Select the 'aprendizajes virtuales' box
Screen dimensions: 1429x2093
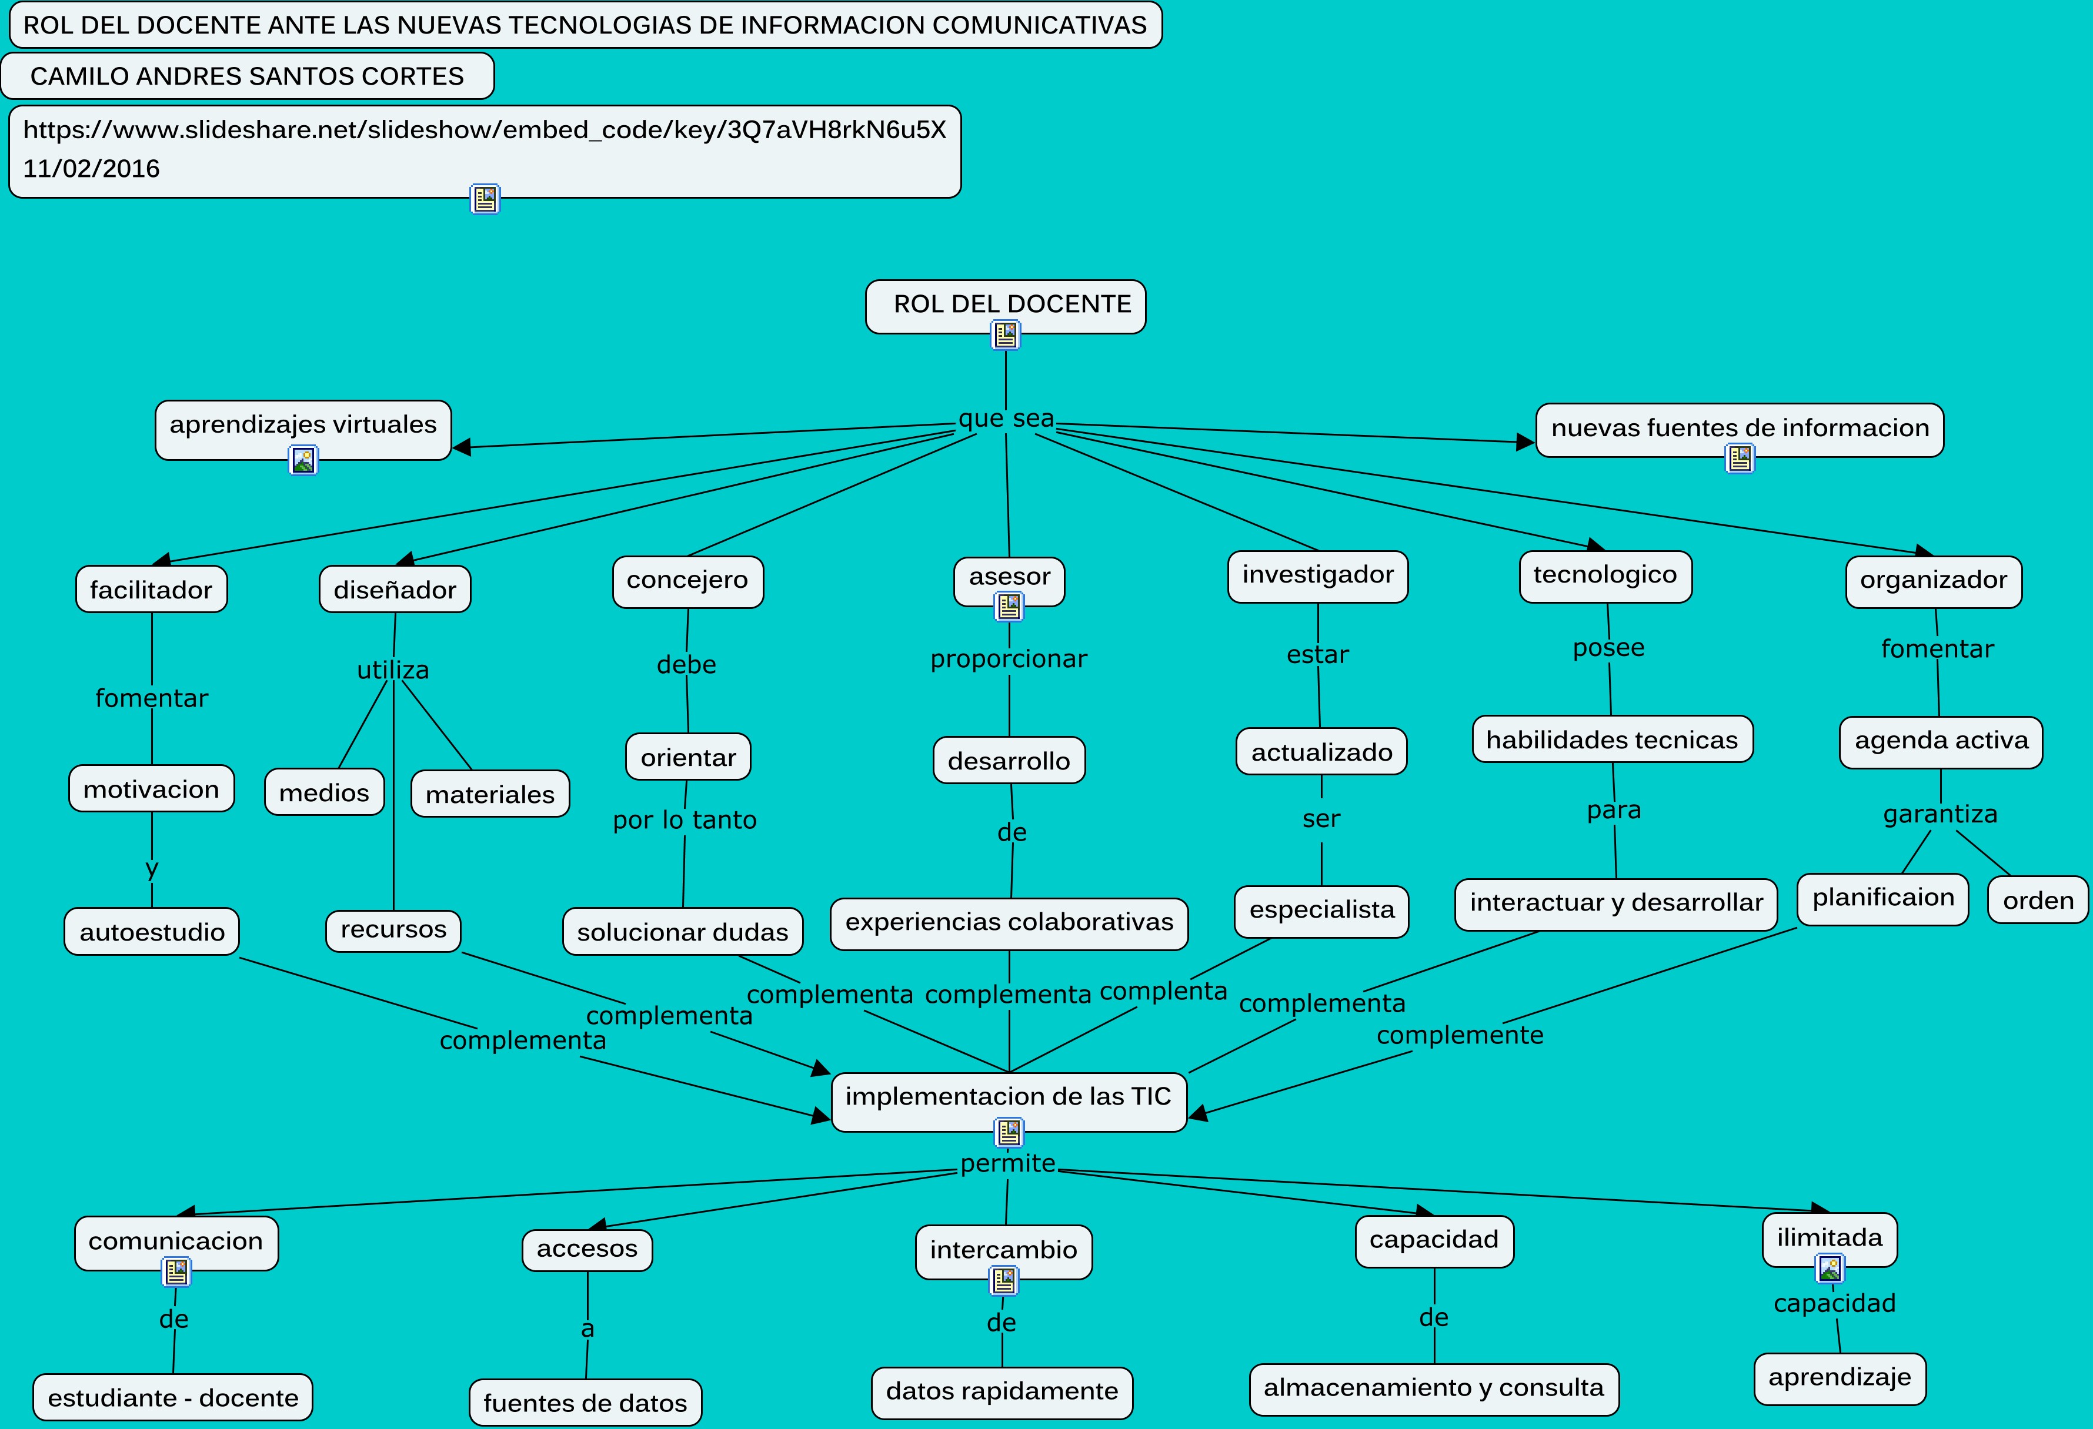[303, 425]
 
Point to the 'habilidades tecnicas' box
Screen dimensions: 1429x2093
[1611, 740]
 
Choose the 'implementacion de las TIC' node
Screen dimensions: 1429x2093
[1008, 1097]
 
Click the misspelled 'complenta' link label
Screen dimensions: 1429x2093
[1163, 992]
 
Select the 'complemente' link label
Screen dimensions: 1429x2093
[1459, 1036]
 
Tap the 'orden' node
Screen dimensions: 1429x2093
[2037, 901]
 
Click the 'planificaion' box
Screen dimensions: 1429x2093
[1882, 898]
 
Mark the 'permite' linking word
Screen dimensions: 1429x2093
[1007, 1163]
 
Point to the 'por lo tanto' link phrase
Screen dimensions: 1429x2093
[685, 820]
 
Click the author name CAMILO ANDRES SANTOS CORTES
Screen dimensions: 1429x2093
[247, 76]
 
